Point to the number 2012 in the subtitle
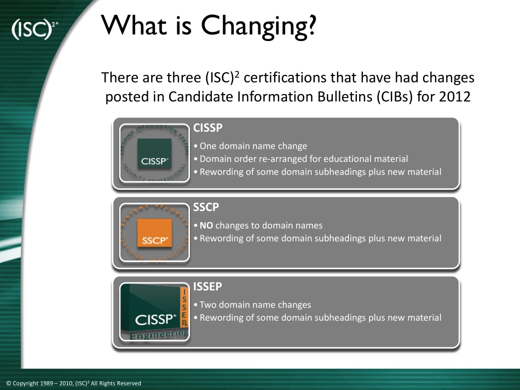(x=455, y=97)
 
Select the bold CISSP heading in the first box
(x=208, y=127)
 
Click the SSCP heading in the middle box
(x=206, y=207)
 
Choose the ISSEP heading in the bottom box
(x=207, y=286)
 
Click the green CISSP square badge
(x=154, y=153)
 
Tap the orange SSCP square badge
(x=154, y=232)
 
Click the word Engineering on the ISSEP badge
(x=159, y=335)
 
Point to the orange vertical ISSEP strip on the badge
(x=184, y=306)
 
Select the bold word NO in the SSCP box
(x=206, y=226)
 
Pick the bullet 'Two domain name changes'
(x=252, y=305)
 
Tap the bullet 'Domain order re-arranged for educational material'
(x=301, y=159)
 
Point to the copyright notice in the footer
(x=74, y=383)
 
